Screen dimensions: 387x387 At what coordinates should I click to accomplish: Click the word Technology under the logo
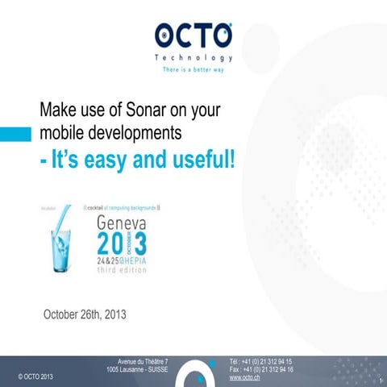click(x=193, y=58)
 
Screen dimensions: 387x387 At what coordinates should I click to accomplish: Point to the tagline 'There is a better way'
click(x=193, y=70)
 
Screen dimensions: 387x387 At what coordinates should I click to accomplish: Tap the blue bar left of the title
click(x=15, y=132)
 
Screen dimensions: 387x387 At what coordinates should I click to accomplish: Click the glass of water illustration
click(x=59, y=247)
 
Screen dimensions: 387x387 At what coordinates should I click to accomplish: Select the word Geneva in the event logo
click(x=121, y=221)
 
